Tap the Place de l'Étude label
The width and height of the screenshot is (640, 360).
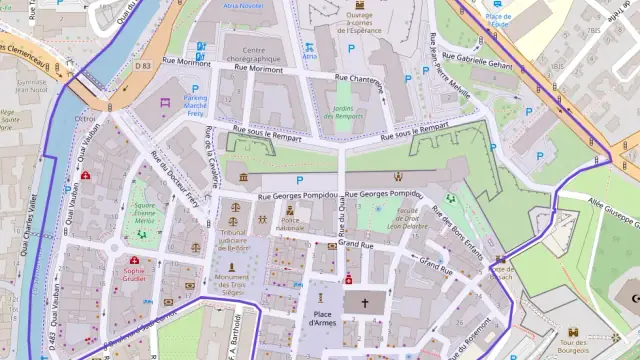(496, 20)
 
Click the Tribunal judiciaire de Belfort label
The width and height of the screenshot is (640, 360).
(233, 238)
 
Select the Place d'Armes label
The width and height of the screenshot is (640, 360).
(320, 319)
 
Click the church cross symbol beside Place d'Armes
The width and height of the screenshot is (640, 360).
(364, 302)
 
